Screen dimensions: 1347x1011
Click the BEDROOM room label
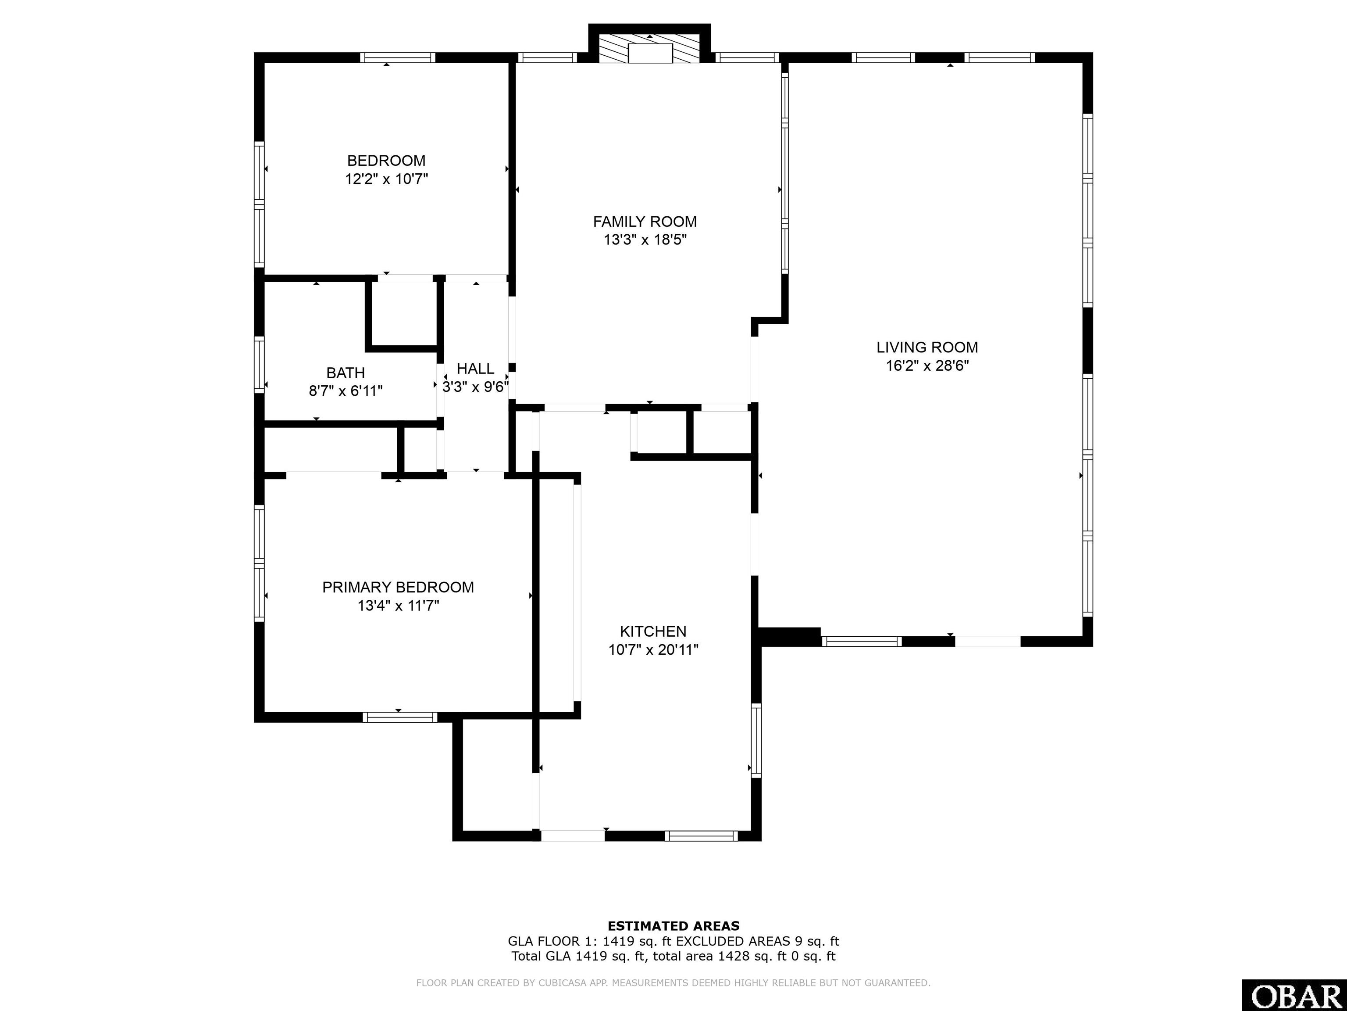[x=386, y=161]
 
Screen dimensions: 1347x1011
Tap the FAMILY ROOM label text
[x=645, y=222]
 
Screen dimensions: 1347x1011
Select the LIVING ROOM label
[x=927, y=348]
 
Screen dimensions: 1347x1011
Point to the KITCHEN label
[x=653, y=631]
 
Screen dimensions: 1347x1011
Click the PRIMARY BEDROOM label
[x=398, y=588]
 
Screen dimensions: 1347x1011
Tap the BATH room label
[x=345, y=373]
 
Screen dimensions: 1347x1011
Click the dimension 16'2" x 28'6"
[x=927, y=366]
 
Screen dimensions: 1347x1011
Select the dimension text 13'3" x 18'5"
[x=645, y=240]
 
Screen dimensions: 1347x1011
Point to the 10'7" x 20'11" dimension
[x=653, y=649]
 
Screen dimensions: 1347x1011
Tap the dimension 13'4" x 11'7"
[x=398, y=606]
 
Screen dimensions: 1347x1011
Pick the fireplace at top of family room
[x=650, y=49]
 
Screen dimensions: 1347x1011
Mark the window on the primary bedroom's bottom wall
[x=399, y=717]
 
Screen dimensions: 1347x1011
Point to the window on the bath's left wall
[x=260, y=364]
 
